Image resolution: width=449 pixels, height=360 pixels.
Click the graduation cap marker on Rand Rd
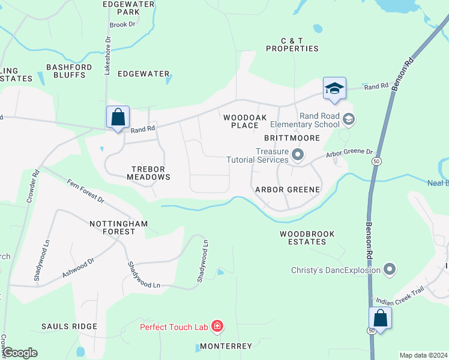click(334, 89)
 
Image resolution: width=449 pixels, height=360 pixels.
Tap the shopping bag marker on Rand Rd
click(118, 116)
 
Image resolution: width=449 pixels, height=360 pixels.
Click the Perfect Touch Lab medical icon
click(217, 327)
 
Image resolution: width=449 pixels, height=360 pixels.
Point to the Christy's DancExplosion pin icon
click(390, 270)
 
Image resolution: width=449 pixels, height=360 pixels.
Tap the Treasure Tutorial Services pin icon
click(297, 156)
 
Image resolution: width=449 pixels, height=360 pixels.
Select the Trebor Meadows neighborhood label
click(148, 173)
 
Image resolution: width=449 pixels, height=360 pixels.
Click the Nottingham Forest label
click(118, 227)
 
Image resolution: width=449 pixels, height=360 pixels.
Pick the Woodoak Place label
click(241, 122)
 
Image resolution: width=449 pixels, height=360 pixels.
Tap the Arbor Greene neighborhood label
click(288, 189)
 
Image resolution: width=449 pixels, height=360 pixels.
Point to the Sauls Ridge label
click(69, 326)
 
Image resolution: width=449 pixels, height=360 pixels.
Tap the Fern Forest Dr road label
click(85, 191)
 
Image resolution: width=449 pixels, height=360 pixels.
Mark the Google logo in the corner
click(20, 353)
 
